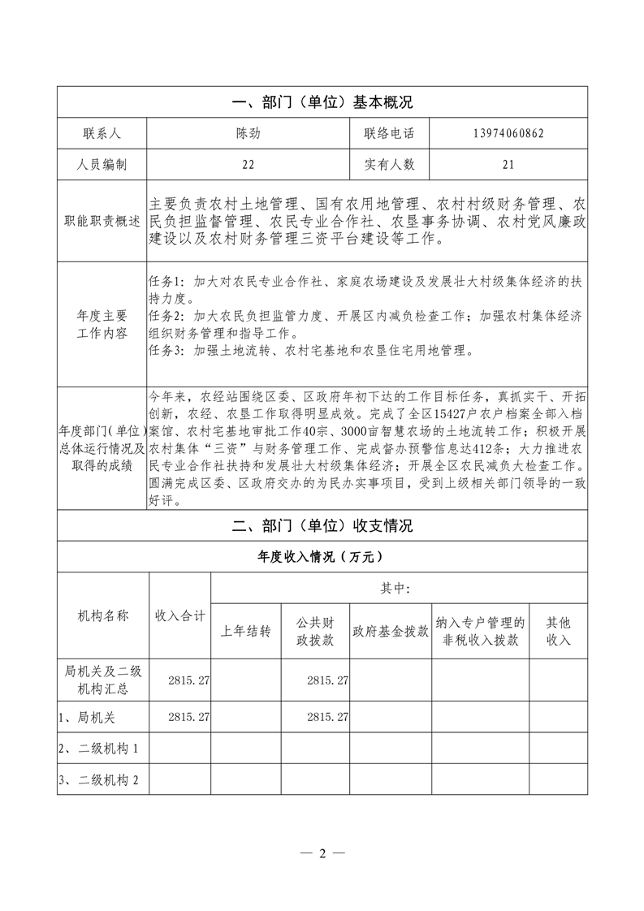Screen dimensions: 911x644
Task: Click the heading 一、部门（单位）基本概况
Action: click(x=322, y=102)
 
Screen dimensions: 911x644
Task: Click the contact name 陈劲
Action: click(x=248, y=133)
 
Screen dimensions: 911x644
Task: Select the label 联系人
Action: click(x=102, y=133)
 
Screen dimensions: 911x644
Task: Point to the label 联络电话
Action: click(x=389, y=133)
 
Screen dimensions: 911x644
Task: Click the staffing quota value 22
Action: click(x=248, y=164)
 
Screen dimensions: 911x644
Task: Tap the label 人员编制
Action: click(x=102, y=164)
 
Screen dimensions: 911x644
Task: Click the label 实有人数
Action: click(x=389, y=164)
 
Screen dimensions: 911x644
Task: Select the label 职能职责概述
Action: click(x=102, y=221)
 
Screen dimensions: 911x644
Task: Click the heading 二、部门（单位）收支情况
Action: click(x=322, y=525)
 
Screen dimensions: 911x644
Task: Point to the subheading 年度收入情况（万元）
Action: click(x=322, y=557)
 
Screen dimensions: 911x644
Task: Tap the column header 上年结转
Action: click(x=245, y=631)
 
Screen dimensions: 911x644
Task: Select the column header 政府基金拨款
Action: click(x=390, y=631)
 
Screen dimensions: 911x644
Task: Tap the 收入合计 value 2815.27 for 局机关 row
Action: click(x=188, y=718)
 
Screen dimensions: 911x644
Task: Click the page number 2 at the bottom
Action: click(x=322, y=853)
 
